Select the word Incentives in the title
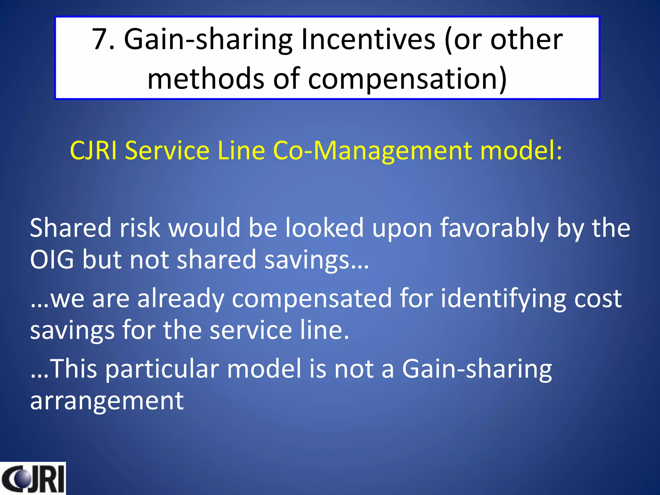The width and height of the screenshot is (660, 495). coord(368,40)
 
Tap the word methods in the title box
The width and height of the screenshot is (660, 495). coord(206,79)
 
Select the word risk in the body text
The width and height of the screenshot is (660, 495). coord(140,228)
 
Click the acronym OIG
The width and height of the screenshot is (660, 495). coord(52,259)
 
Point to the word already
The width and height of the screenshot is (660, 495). coord(181,298)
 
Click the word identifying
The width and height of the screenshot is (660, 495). coord(503,298)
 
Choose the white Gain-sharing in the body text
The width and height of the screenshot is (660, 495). coord(477,369)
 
